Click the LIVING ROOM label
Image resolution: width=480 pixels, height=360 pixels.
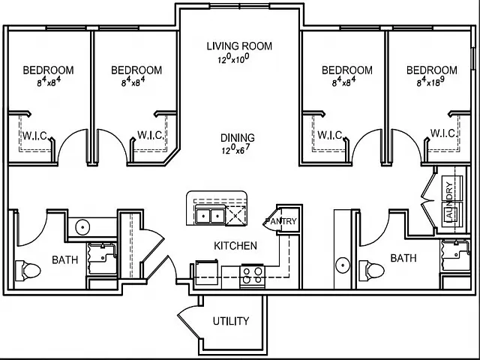click(x=239, y=46)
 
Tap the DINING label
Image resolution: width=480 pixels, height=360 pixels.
click(x=238, y=138)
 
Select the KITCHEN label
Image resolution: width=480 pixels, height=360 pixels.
click(x=235, y=246)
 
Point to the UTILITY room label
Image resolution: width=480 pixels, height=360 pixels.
click(x=231, y=321)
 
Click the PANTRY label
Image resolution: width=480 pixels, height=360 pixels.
click(x=281, y=221)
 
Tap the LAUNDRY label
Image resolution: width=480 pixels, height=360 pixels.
click(x=449, y=200)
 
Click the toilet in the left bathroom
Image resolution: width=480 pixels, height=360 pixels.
click(x=28, y=271)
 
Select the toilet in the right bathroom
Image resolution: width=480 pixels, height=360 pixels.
click(x=372, y=271)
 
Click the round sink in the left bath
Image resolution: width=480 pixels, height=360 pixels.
click(x=82, y=227)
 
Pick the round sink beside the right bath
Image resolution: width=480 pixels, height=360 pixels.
click(x=343, y=265)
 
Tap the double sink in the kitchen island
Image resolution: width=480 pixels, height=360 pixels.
click(x=210, y=216)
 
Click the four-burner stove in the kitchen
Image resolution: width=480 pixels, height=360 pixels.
click(x=252, y=276)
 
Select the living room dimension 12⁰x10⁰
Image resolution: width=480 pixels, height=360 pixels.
click(x=233, y=58)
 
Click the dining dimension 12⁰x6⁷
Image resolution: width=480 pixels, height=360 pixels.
click(x=235, y=148)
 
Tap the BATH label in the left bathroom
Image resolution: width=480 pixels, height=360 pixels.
click(x=65, y=260)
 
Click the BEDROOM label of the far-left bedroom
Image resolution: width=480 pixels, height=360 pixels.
click(x=48, y=70)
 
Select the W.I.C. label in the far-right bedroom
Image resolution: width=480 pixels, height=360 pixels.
click(x=444, y=133)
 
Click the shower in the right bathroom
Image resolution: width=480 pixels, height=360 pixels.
click(x=455, y=255)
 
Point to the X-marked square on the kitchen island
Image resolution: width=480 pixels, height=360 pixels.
click(x=235, y=216)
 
